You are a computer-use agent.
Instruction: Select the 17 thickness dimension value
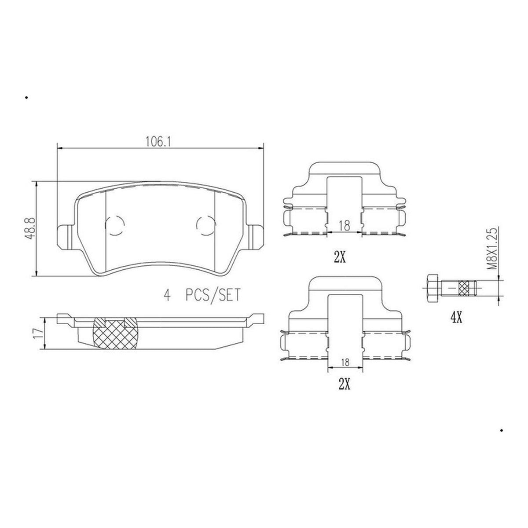pos(37,334)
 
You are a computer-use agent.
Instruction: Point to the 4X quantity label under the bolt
pos(456,318)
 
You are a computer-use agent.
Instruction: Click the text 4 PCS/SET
pos(202,295)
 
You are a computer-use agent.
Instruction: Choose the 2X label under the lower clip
pos(345,384)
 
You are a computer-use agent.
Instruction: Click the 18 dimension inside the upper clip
pos(345,226)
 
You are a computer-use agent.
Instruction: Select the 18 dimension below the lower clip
pos(345,363)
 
